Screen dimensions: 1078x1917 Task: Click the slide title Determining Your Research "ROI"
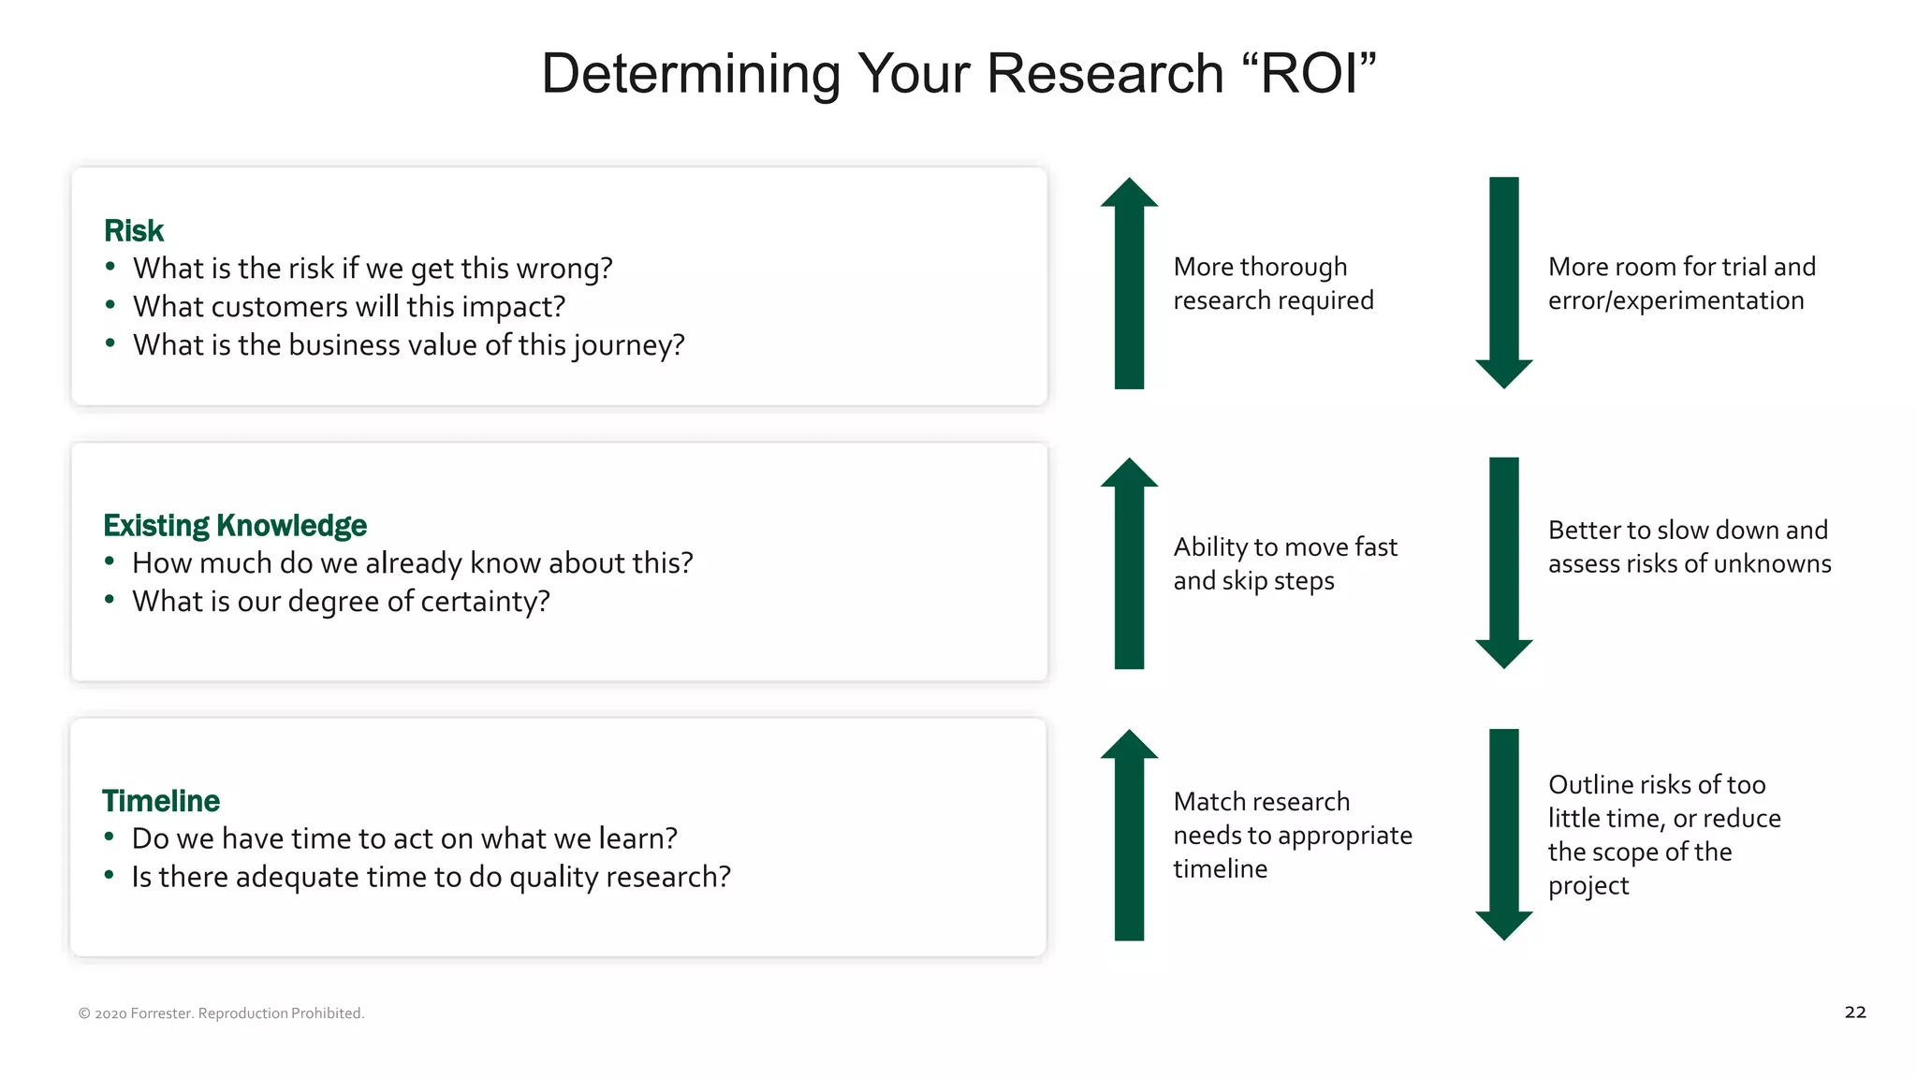click(x=958, y=73)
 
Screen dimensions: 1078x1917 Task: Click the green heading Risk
click(x=134, y=230)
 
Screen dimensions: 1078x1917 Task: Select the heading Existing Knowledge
click(x=235, y=525)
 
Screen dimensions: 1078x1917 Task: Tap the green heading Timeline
click(x=161, y=800)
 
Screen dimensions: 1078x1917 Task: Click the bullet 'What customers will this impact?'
click(x=348, y=306)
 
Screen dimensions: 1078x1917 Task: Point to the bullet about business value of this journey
click(x=408, y=344)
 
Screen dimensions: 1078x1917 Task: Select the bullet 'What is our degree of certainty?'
click(x=341, y=601)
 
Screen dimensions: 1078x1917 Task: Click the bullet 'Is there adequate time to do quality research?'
click(x=431, y=877)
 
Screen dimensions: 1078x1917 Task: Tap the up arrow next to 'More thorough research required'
click(x=1129, y=283)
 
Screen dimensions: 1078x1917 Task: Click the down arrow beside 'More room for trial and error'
click(x=1503, y=283)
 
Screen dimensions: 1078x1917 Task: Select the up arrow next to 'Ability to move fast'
click(x=1129, y=563)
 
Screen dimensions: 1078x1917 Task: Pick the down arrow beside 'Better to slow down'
click(x=1503, y=563)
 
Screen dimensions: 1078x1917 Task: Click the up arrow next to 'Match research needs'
click(x=1129, y=835)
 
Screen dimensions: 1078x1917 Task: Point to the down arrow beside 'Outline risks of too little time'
click(x=1503, y=835)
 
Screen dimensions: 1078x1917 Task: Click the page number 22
click(x=1854, y=1012)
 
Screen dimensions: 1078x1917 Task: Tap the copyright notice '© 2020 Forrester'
click(x=221, y=1013)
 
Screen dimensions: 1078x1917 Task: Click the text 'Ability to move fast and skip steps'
click(x=1284, y=563)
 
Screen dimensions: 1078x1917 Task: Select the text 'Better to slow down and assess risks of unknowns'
click(x=1689, y=546)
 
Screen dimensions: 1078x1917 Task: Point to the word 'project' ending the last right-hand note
click(x=1588, y=885)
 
